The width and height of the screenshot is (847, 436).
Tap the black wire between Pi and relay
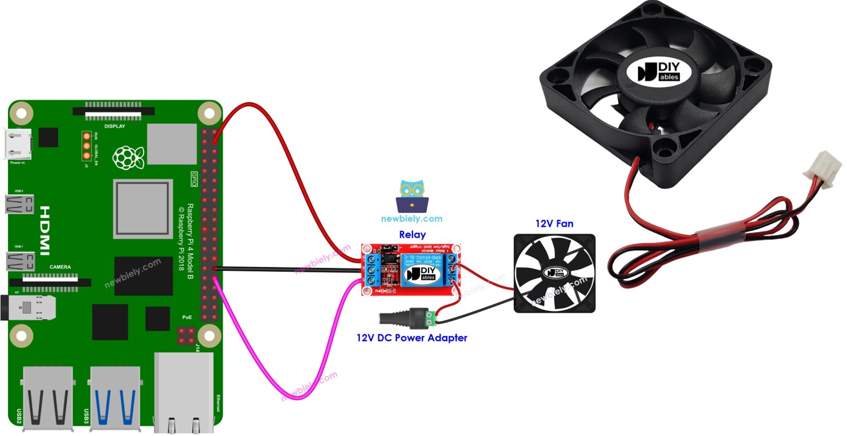[x=286, y=269]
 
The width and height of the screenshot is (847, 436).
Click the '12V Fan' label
[x=554, y=224]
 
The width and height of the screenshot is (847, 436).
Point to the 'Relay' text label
[x=412, y=234]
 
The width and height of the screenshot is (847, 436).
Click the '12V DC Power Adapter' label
[x=411, y=338]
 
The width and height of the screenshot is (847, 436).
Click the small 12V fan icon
[x=554, y=273]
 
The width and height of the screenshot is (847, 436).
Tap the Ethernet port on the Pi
[x=183, y=394]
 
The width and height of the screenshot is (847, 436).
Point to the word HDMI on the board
[x=45, y=231]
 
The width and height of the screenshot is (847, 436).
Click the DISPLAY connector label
[x=114, y=126]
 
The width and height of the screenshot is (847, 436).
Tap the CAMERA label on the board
[x=60, y=267]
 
